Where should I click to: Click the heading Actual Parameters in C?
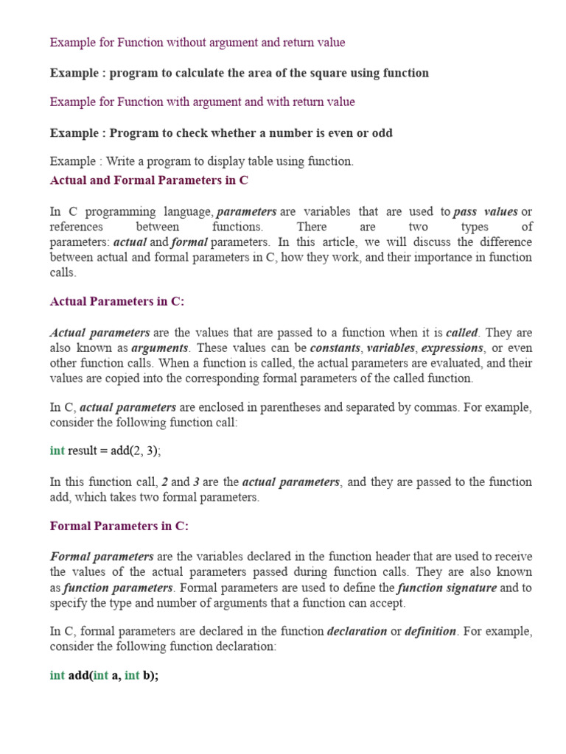pos(117,301)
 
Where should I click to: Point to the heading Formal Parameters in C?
pos(119,526)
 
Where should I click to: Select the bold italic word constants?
pos(335,348)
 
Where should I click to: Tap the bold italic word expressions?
pos(453,348)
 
